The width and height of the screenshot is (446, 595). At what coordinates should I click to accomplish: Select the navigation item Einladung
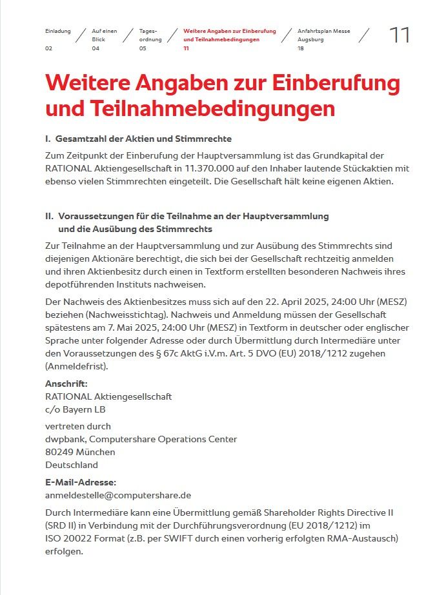tap(57, 31)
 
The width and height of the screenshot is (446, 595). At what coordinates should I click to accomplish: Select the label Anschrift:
tap(66, 384)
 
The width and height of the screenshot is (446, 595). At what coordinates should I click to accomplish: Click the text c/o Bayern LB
tap(75, 409)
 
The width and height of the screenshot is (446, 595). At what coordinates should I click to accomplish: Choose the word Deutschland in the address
tap(72, 465)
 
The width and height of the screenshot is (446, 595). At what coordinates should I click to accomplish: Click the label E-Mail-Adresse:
tap(81, 482)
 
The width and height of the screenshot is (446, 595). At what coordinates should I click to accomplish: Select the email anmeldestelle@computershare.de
tap(118, 495)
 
